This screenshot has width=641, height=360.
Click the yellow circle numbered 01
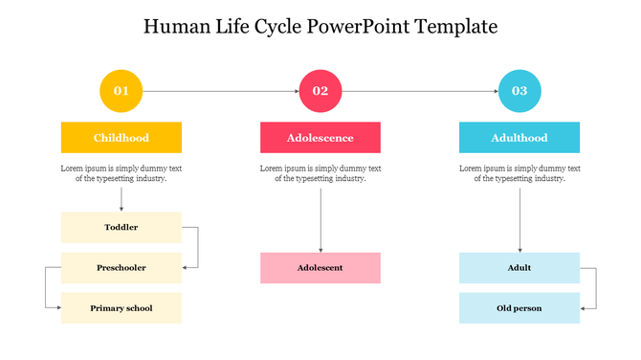(x=122, y=91)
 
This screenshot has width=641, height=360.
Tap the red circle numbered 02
(x=320, y=91)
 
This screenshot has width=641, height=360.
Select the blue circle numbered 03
(x=519, y=91)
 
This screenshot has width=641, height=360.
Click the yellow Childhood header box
(x=122, y=138)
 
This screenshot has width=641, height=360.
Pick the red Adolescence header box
(x=320, y=138)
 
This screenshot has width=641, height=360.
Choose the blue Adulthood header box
(x=519, y=138)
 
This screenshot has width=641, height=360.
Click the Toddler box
(x=122, y=227)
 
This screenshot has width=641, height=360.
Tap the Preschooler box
(x=122, y=268)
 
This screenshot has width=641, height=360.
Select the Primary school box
(x=122, y=308)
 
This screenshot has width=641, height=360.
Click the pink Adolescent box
(x=320, y=268)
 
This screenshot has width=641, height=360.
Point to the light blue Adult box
(x=519, y=268)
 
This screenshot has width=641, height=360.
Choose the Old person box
(x=519, y=308)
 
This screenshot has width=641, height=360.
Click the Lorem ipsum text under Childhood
(x=122, y=173)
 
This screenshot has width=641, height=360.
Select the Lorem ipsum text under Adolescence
(x=320, y=173)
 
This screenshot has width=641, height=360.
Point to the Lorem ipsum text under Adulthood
(x=519, y=173)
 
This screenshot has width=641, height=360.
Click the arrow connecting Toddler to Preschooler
(x=197, y=247)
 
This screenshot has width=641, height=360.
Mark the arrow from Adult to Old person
(x=595, y=288)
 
